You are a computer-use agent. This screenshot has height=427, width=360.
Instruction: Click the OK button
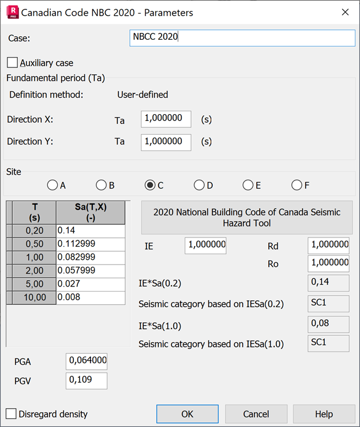(187, 414)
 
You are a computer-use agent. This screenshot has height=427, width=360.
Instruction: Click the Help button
(324, 414)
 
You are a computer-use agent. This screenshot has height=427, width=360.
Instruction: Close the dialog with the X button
(345, 12)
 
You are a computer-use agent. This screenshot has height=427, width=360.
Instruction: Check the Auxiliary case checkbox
(13, 62)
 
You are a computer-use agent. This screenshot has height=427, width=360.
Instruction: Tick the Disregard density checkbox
(11, 414)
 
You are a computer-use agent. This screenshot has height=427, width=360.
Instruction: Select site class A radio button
(52, 185)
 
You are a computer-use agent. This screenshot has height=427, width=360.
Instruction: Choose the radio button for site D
(199, 185)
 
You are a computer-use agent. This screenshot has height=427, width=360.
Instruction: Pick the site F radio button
(297, 185)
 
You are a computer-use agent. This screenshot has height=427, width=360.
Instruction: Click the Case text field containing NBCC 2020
(242, 37)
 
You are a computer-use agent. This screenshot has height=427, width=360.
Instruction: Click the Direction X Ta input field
(166, 119)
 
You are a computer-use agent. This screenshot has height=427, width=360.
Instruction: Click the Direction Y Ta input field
(166, 141)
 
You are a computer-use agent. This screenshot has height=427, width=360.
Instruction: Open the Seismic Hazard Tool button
(247, 217)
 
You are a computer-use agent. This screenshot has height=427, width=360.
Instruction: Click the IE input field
(205, 245)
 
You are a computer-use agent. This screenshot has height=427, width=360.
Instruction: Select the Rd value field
(328, 245)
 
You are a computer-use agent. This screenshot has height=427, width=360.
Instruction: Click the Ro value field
(328, 263)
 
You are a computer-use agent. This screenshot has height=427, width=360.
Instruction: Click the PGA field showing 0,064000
(87, 361)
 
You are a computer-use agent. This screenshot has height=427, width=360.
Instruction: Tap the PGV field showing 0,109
(87, 380)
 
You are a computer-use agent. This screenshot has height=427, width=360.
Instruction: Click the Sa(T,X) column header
(90, 213)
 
